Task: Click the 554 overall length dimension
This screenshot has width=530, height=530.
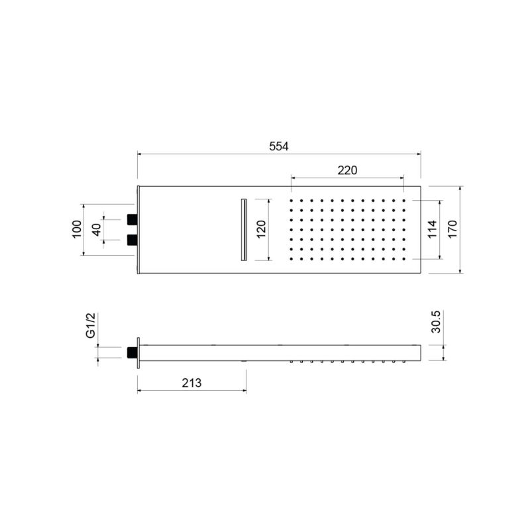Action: point(279,146)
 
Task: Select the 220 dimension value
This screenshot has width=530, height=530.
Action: point(347,170)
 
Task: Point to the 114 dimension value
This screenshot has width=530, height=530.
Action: point(433,229)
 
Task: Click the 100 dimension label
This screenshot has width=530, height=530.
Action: point(76,229)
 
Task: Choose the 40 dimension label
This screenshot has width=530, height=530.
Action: point(97,229)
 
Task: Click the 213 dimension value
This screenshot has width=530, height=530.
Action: point(191,383)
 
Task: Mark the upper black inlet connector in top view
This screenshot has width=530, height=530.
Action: point(132,218)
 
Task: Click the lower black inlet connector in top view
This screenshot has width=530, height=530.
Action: point(132,238)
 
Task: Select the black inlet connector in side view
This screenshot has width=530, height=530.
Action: point(131,352)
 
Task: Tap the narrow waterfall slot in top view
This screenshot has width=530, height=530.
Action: point(243,229)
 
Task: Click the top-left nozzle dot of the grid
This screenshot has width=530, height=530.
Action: point(291,200)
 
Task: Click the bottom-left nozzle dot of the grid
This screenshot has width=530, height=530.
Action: point(291,259)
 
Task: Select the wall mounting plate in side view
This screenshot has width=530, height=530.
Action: point(138,352)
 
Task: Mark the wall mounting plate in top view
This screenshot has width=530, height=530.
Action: point(138,229)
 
